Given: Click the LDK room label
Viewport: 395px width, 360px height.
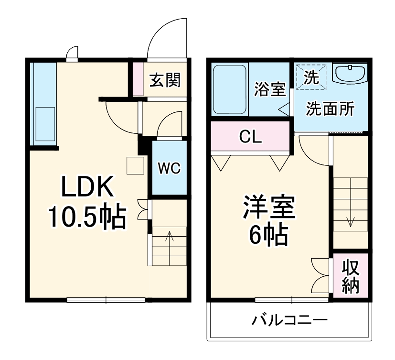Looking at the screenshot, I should click(x=86, y=187).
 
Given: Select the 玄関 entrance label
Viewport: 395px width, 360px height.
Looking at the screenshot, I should click(x=165, y=80).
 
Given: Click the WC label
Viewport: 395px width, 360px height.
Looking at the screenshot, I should click(x=169, y=168).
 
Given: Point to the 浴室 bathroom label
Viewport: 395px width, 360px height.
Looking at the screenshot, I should click(x=270, y=89).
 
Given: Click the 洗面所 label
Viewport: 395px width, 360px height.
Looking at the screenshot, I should click(x=330, y=109).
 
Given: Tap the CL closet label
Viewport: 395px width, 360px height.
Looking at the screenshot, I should click(x=250, y=137).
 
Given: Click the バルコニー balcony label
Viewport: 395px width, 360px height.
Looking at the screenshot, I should click(x=290, y=319).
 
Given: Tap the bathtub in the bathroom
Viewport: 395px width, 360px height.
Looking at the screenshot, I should click(x=229, y=89).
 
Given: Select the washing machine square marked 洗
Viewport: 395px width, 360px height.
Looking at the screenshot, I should click(x=311, y=76).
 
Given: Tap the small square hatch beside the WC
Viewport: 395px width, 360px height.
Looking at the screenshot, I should click(x=135, y=165).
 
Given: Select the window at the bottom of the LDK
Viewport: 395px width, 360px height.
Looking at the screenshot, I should click(x=106, y=300).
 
